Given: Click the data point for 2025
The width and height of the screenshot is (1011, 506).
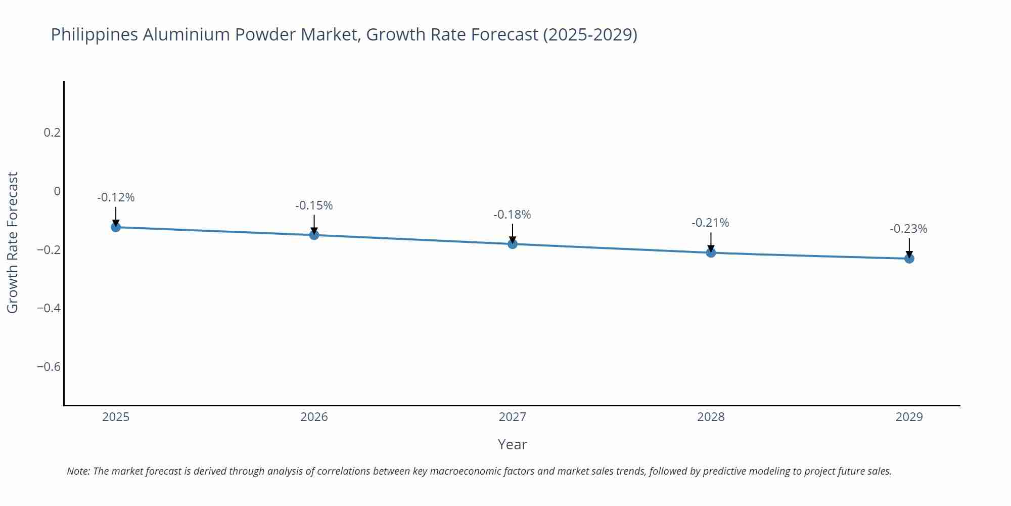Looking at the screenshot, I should coord(116,227).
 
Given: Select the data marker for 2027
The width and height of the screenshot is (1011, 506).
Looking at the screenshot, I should coord(512,244).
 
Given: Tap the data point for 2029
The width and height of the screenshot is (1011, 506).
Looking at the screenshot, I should coord(909,259).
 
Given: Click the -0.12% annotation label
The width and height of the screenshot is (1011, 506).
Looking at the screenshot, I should coord(116,198).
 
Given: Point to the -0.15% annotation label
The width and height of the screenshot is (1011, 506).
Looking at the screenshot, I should coord(314,206).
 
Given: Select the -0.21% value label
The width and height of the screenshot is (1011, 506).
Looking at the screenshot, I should coord(710,223).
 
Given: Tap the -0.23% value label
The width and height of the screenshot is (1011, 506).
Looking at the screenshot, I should coord(908,229).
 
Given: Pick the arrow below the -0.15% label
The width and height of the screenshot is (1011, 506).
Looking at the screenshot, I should coord(314,224).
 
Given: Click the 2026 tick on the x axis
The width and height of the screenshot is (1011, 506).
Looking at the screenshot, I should coord(314,417).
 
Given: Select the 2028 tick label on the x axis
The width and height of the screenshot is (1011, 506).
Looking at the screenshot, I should coord(710,417).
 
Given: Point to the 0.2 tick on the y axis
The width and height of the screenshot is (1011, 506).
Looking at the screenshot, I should coord(52,133).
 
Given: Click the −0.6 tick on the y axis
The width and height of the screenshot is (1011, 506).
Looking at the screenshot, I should coord(49,367).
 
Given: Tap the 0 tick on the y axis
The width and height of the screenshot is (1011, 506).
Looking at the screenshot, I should coord(57,191).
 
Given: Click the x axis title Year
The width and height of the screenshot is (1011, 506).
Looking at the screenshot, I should coord(512,445).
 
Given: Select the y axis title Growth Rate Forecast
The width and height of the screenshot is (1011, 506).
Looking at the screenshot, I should coord(13,242).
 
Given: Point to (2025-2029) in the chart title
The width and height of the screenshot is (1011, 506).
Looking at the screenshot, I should coord(590,35).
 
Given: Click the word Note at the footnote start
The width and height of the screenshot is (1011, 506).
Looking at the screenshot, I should coord(77,472).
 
